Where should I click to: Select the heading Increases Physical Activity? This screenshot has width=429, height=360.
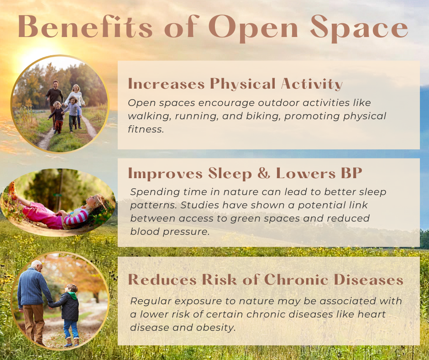pos(235,84)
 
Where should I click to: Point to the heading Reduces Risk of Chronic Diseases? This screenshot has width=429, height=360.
pos(266,279)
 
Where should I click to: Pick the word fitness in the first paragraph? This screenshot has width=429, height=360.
pos(146,129)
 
